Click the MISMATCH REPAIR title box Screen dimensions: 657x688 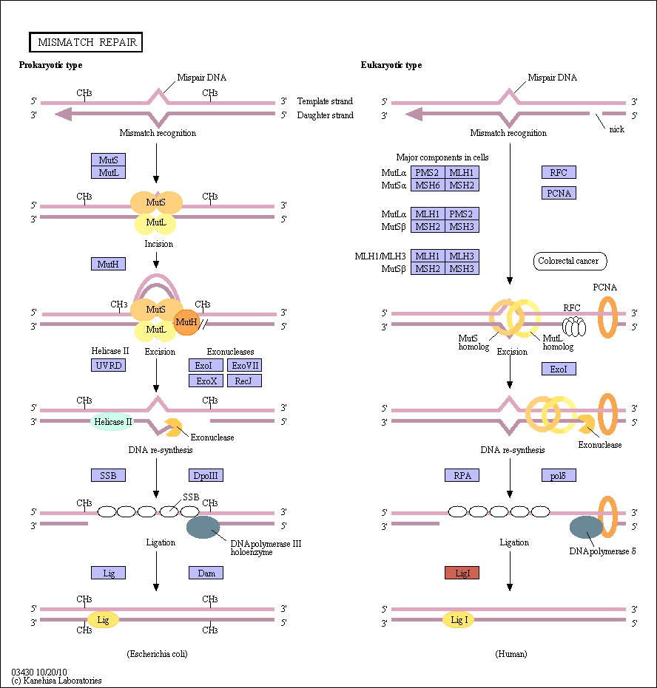86,42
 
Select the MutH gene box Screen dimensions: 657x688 109,264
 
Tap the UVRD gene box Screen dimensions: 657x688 109,365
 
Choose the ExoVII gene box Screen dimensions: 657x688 245,365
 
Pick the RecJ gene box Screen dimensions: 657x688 245,381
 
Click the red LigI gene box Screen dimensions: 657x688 462,573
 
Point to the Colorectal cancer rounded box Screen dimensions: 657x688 570,261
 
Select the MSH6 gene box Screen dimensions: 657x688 428,185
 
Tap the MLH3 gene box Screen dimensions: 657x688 462,256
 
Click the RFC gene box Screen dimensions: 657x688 559,172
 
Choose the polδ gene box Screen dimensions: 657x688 559,475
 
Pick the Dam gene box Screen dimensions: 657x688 206,573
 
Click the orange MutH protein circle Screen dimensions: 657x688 186,322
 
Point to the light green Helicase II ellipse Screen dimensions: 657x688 112,422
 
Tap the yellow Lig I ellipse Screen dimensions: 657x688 459,620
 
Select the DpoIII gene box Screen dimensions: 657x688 206,475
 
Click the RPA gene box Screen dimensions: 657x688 462,475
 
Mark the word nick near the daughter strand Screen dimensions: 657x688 616,129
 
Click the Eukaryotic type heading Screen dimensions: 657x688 391,65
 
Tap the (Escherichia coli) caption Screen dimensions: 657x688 158,654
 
